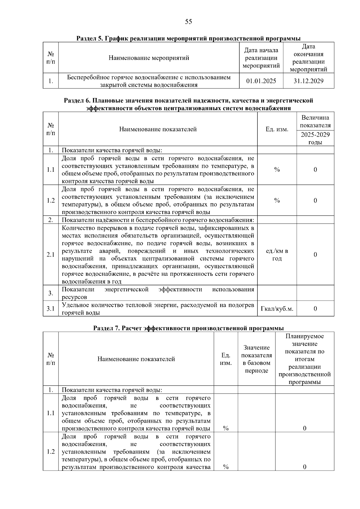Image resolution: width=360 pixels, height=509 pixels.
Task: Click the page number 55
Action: pyautogui.click(x=188, y=22)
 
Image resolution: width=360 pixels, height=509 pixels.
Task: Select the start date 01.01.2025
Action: pyautogui.click(x=261, y=81)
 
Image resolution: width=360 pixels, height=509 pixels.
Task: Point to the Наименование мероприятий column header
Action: pyautogui.click(x=148, y=58)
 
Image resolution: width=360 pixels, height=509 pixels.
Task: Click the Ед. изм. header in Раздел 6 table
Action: pyautogui.click(x=277, y=129)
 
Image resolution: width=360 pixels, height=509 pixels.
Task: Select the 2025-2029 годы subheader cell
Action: pyautogui.click(x=315, y=138)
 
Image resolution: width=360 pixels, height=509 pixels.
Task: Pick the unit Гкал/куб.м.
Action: pyautogui.click(x=277, y=308)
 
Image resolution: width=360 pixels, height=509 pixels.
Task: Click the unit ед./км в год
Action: pyautogui.click(x=277, y=255)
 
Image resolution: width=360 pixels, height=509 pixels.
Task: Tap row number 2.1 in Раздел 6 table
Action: pyautogui.click(x=50, y=255)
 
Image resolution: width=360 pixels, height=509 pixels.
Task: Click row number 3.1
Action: pyautogui.click(x=50, y=308)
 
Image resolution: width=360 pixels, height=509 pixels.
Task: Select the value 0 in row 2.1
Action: pyautogui.click(x=315, y=255)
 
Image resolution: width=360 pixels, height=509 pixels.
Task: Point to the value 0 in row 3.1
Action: pyautogui.click(x=315, y=308)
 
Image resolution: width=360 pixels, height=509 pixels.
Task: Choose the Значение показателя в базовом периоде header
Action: pyautogui.click(x=256, y=359)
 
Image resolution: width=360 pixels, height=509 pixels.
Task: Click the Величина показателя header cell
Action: pyautogui.click(x=315, y=121)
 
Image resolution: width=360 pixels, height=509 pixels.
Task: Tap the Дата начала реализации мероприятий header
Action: pyautogui.click(x=261, y=58)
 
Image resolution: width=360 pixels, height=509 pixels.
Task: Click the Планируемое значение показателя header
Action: pyautogui.click(x=304, y=359)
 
